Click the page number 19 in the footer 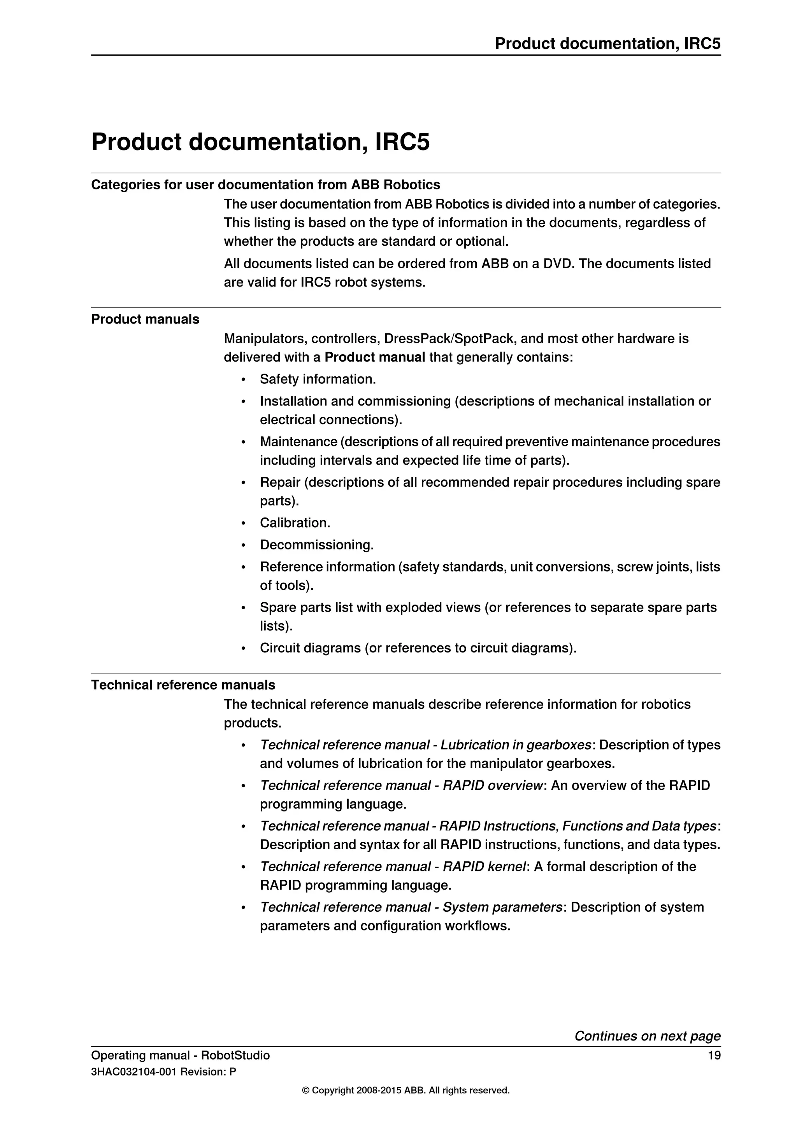point(714,1055)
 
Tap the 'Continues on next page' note point(647,1036)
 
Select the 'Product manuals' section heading point(145,319)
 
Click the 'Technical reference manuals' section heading point(183,685)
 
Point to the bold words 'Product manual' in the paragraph point(374,357)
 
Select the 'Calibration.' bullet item point(295,523)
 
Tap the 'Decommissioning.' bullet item point(316,545)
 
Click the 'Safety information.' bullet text point(318,379)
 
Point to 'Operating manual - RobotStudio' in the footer point(180,1055)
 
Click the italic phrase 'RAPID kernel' point(484,867)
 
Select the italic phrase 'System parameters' point(502,907)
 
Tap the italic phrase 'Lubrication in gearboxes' point(515,745)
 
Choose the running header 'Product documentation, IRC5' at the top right point(607,44)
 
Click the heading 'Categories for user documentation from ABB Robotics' point(265,185)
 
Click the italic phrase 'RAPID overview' point(493,786)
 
